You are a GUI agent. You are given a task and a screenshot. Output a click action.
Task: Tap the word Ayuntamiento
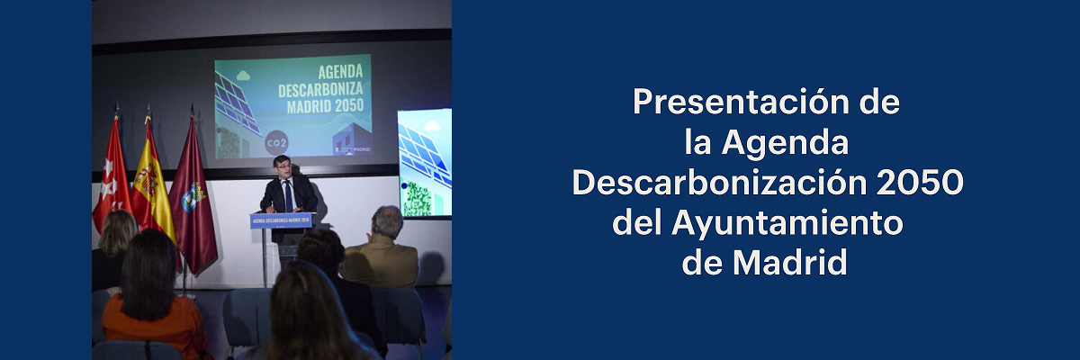(787, 223)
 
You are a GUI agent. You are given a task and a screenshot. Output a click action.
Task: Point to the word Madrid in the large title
(790, 264)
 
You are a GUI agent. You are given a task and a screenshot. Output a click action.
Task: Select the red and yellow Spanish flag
(150, 184)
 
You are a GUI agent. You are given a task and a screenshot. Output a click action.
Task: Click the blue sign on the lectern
(282, 220)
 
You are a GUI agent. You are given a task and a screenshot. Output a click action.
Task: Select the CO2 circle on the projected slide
(276, 142)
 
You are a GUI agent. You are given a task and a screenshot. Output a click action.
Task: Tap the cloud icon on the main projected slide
(245, 77)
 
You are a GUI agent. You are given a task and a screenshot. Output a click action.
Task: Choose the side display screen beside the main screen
(424, 162)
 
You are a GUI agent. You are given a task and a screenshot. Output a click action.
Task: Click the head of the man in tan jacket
(388, 220)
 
